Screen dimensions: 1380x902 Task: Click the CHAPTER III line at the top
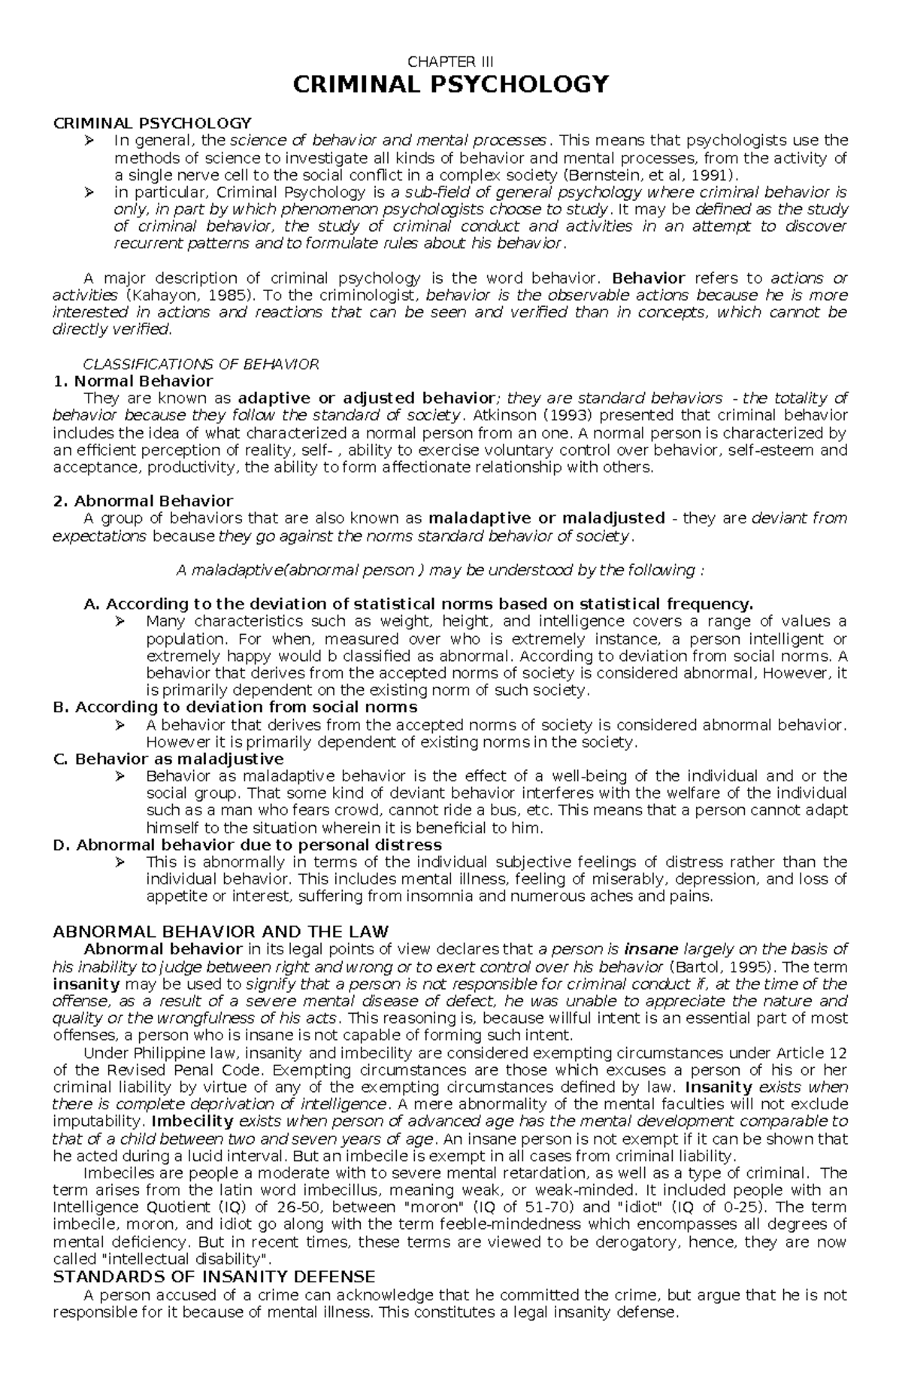pyautogui.click(x=450, y=62)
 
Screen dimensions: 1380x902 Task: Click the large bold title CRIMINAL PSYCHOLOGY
pyautogui.click(x=450, y=84)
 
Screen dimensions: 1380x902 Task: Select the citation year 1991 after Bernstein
pyautogui.click(x=712, y=175)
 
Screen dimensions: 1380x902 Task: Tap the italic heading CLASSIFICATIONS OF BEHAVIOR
pyautogui.click(x=201, y=364)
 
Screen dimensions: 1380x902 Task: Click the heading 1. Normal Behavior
pyautogui.click(x=133, y=381)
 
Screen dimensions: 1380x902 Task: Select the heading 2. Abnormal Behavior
pyautogui.click(x=143, y=501)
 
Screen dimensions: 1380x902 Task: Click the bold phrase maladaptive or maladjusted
pyautogui.click(x=546, y=518)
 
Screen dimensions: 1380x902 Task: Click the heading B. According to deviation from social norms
pyautogui.click(x=235, y=708)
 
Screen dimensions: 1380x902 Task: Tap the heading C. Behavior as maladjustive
pyautogui.click(x=168, y=759)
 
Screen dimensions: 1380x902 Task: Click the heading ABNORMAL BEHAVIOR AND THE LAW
pyautogui.click(x=221, y=932)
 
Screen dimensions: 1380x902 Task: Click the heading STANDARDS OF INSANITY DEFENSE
pyautogui.click(x=214, y=1277)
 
